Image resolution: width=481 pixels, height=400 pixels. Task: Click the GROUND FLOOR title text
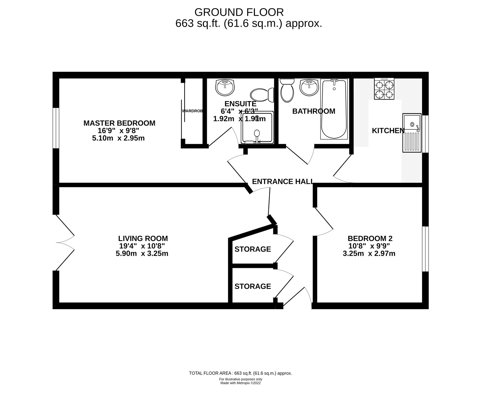[239, 12]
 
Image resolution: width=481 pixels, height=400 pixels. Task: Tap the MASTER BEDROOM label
[119, 123]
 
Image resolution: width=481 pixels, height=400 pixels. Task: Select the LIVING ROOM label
[143, 238]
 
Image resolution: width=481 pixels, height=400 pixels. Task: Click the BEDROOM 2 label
[370, 238]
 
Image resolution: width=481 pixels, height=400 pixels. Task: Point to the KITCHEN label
[388, 131]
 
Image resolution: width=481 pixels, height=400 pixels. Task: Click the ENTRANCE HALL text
[283, 181]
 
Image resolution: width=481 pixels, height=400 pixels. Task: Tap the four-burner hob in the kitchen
[384, 88]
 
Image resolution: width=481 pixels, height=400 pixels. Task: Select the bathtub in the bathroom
[334, 109]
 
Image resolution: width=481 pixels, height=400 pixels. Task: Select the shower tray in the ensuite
[257, 127]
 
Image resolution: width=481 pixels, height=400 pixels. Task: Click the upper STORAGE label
[253, 249]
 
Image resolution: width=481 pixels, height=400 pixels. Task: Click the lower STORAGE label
[253, 286]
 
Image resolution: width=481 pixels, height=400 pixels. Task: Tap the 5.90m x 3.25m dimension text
[142, 253]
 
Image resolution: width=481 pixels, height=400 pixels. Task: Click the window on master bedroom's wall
[56, 128]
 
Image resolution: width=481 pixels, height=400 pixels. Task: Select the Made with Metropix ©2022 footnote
[240, 383]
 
